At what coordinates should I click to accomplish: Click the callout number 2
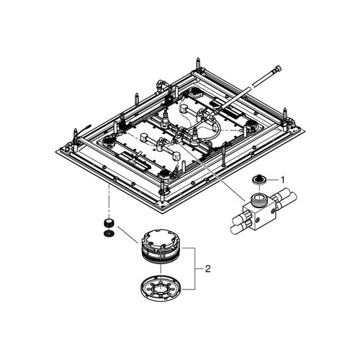click(x=208, y=269)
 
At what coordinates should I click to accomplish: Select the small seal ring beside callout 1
click(x=257, y=179)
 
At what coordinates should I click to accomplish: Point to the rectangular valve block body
click(x=257, y=212)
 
